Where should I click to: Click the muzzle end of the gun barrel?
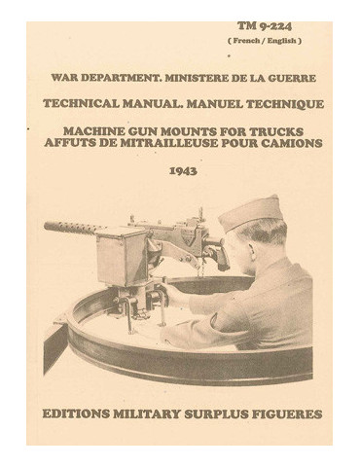pos(48,227)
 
